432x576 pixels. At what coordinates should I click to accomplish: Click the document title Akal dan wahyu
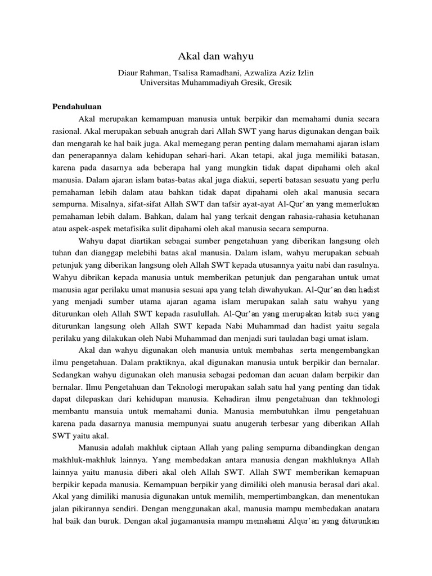(x=216, y=56)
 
